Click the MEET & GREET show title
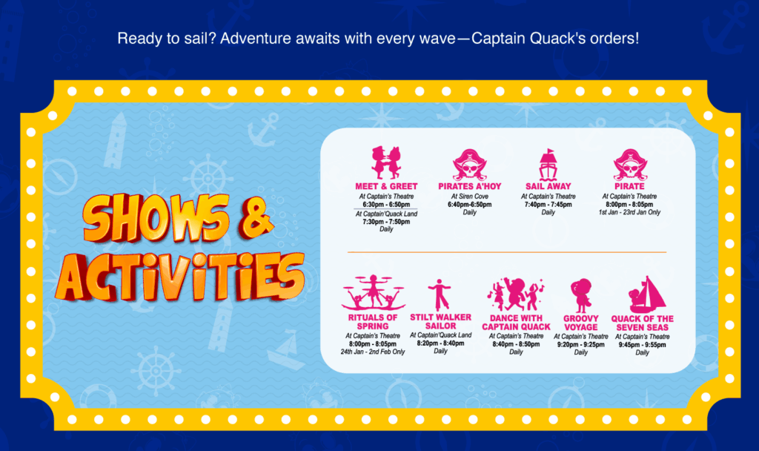pyautogui.click(x=386, y=186)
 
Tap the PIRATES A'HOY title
pyautogui.click(x=469, y=186)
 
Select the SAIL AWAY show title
pyautogui.click(x=548, y=186)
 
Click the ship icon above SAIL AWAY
pyautogui.click(x=548, y=165)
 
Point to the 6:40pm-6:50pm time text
pyautogui.click(x=469, y=205)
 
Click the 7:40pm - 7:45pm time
pyautogui.click(x=548, y=205)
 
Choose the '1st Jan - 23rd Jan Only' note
pyautogui.click(x=629, y=212)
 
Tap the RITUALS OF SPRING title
pyautogui.click(x=373, y=322)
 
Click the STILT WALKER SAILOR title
pyautogui.click(x=440, y=322)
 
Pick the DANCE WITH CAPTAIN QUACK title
pyautogui.click(x=516, y=323)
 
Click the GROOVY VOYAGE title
pyautogui.click(x=581, y=323)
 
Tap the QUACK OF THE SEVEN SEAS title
pyautogui.click(x=643, y=323)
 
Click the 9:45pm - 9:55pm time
pyautogui.click(x=643, y=345)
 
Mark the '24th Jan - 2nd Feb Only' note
pyautogui.click(x=373, y=352)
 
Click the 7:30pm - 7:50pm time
pyautogui.click(x=386, y=222)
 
